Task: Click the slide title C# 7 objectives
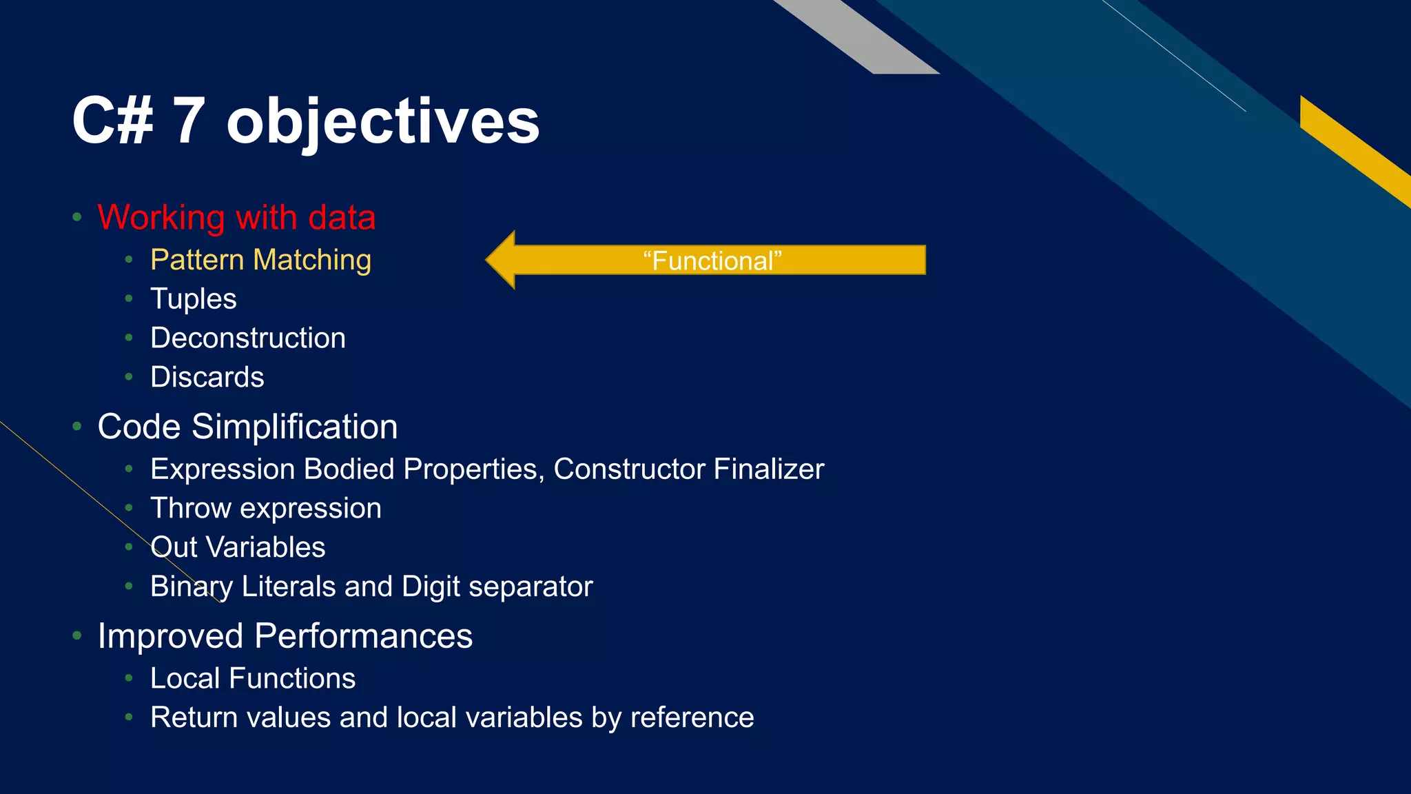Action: click(305, 121)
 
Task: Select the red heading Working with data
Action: click(236, 218)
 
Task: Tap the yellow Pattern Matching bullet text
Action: click(260, 260)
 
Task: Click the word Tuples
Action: click(193, 299)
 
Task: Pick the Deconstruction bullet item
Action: click(248, 338)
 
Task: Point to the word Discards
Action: click(207, 378)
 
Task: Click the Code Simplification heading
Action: click(247, 427)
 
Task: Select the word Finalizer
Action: click(768, 469)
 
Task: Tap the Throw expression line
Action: click(265, 509)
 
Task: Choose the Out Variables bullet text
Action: click(238, 548)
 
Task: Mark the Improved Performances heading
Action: click(285, 636)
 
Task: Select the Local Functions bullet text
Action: click(253, 679)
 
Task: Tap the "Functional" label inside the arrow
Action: click(712, 261)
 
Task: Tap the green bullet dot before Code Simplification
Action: click(77, 427)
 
